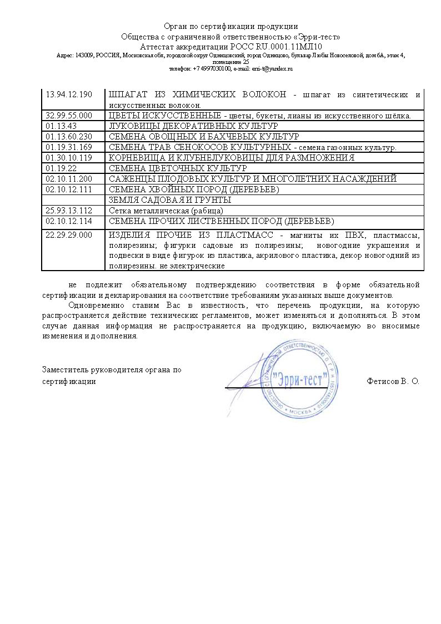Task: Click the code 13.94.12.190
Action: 68,94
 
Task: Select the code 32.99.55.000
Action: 68,116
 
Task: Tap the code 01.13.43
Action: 62,126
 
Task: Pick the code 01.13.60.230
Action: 68,137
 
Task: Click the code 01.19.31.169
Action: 68,147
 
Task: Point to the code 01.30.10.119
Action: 68,158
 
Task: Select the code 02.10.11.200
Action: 68,179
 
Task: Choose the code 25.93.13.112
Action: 68,211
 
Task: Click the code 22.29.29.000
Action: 68,235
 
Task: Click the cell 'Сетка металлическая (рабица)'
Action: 166,211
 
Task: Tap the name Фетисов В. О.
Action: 393,382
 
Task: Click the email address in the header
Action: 272,69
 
